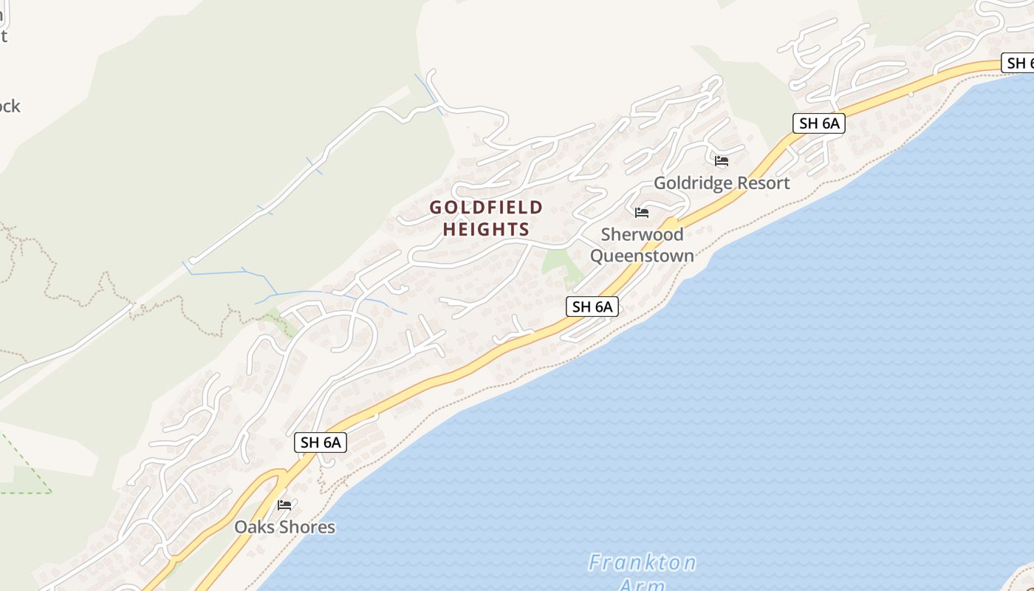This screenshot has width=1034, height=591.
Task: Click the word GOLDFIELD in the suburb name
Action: tap(486, 208)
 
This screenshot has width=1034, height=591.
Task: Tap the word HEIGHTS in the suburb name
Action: tap(486, 229)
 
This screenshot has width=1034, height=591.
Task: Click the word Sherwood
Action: tap(642, 235)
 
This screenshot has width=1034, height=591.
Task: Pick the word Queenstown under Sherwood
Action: tap(642, 256)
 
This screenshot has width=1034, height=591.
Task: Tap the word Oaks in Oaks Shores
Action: tap(253, 527)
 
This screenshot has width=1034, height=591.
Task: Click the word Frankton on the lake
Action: tap(642, 563)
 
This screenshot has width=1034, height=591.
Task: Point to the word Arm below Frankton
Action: tap(642, 584)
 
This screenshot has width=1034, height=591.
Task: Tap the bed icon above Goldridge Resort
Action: tap(722, 160)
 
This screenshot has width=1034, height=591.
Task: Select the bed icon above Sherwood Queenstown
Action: tap(642, 213)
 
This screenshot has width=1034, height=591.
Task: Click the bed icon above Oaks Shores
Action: tap(284, 505)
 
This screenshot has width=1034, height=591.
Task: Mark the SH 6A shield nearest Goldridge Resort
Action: tap(818, 123)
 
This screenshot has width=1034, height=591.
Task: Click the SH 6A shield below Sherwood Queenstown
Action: tap(592, 307)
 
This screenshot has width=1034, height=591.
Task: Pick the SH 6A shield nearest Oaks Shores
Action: tap(321, 443)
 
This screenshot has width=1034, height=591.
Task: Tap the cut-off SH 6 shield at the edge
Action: tap(1018, 64)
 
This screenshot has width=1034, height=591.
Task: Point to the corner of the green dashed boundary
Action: tap(50, 492)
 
